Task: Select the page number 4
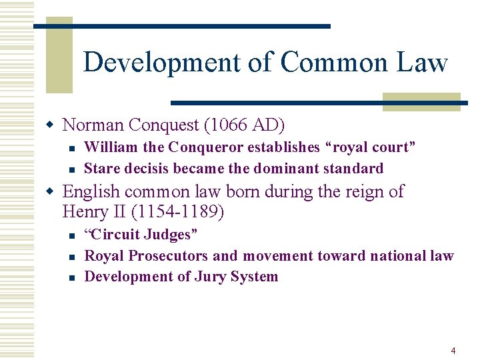pyautogui.click(x=453, y=351)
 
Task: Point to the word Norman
pyautogui.click(x=93, y=125)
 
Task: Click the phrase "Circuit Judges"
pyautogui.click(x=141, y=234)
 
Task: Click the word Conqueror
pyautogui.click(x=208, y=147)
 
